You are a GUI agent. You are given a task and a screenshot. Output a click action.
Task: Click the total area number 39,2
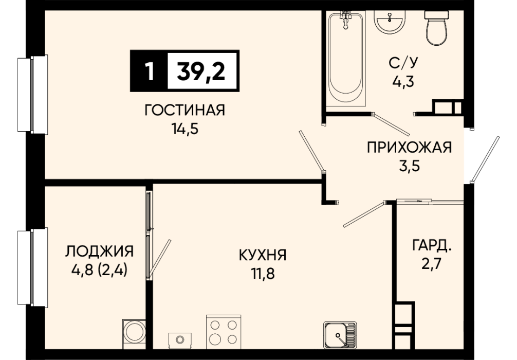point(201,71)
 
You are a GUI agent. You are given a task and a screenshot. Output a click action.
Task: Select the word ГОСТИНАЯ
point(184,110)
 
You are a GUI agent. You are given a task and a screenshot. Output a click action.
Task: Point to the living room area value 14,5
point(184,129)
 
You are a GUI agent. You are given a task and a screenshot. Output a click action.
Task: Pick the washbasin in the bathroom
point(390,21)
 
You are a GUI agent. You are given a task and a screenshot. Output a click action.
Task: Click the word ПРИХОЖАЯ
point(409,147)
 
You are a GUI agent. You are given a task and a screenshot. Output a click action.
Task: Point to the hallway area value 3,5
point(409,166)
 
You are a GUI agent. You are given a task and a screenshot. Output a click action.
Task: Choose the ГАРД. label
point(431,245)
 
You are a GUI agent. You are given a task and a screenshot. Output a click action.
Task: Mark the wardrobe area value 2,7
point(431,264)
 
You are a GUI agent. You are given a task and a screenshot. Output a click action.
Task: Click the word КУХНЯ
point(263,255)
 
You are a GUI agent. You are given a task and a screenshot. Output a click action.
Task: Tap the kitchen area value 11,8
point(263,274)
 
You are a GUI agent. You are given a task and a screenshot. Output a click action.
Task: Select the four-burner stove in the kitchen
point(224,331)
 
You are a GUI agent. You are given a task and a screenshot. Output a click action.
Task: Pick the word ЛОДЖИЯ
point(99,251)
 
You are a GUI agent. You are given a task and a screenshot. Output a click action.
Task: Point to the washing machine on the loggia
point(134,334)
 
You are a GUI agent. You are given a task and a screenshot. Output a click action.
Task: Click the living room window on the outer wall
point(33,95)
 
